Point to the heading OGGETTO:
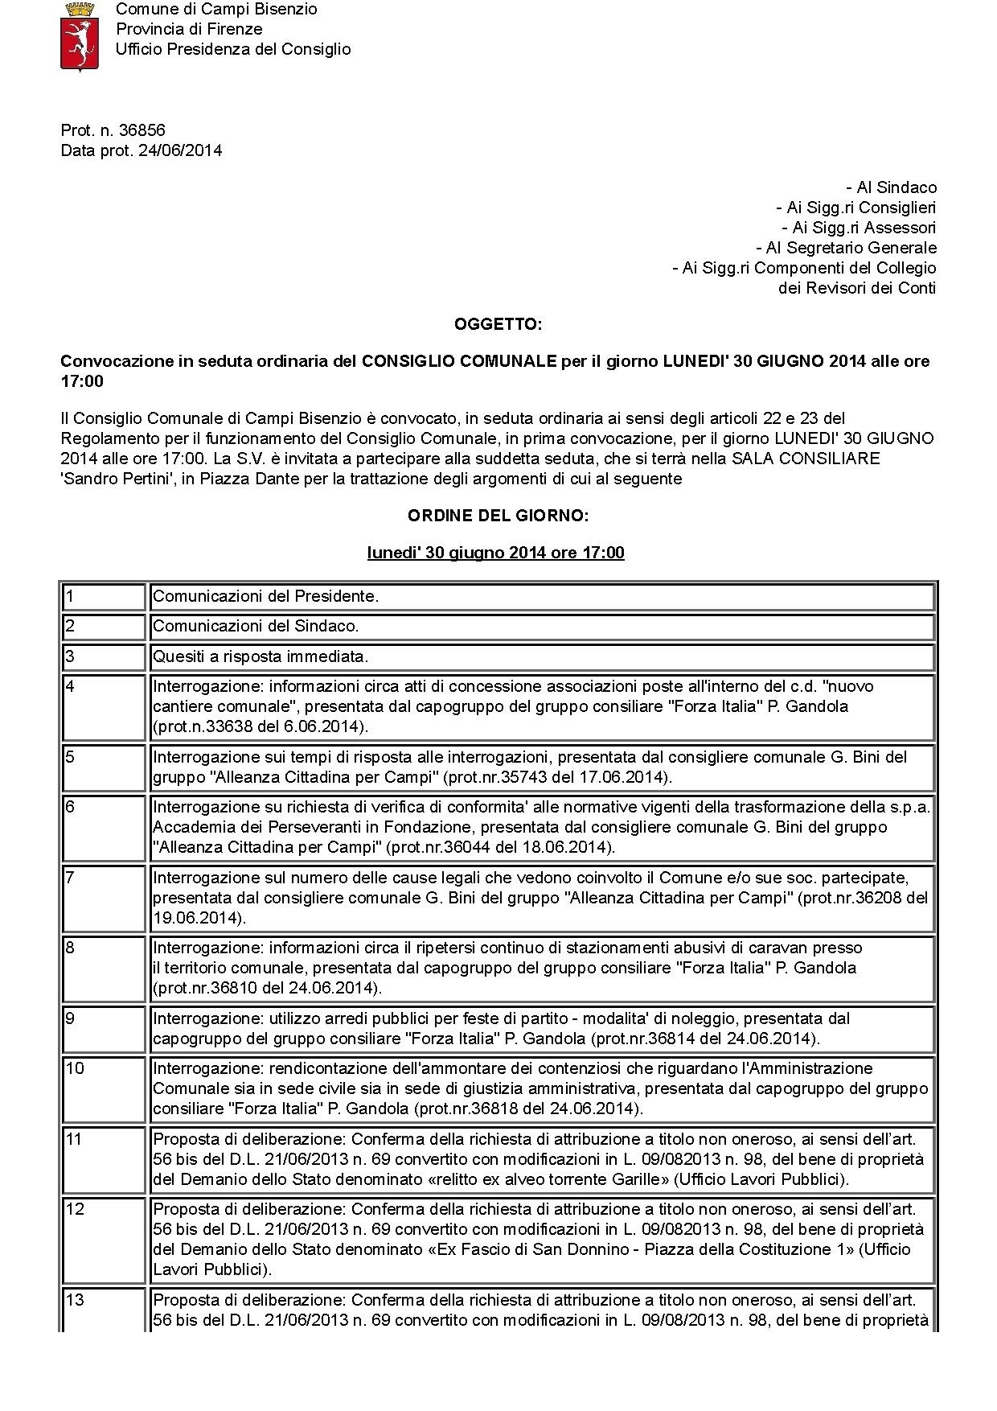coord(498,324)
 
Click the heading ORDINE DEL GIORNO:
coord(498,515)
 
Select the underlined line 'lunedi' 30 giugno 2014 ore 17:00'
coord(495,553)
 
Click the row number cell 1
coord(104,597)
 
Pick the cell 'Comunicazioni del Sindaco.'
coord(256,626)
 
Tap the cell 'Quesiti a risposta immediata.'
coord(261,656)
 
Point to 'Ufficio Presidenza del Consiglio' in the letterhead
coord(233,49)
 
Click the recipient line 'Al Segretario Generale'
coord(846,248)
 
